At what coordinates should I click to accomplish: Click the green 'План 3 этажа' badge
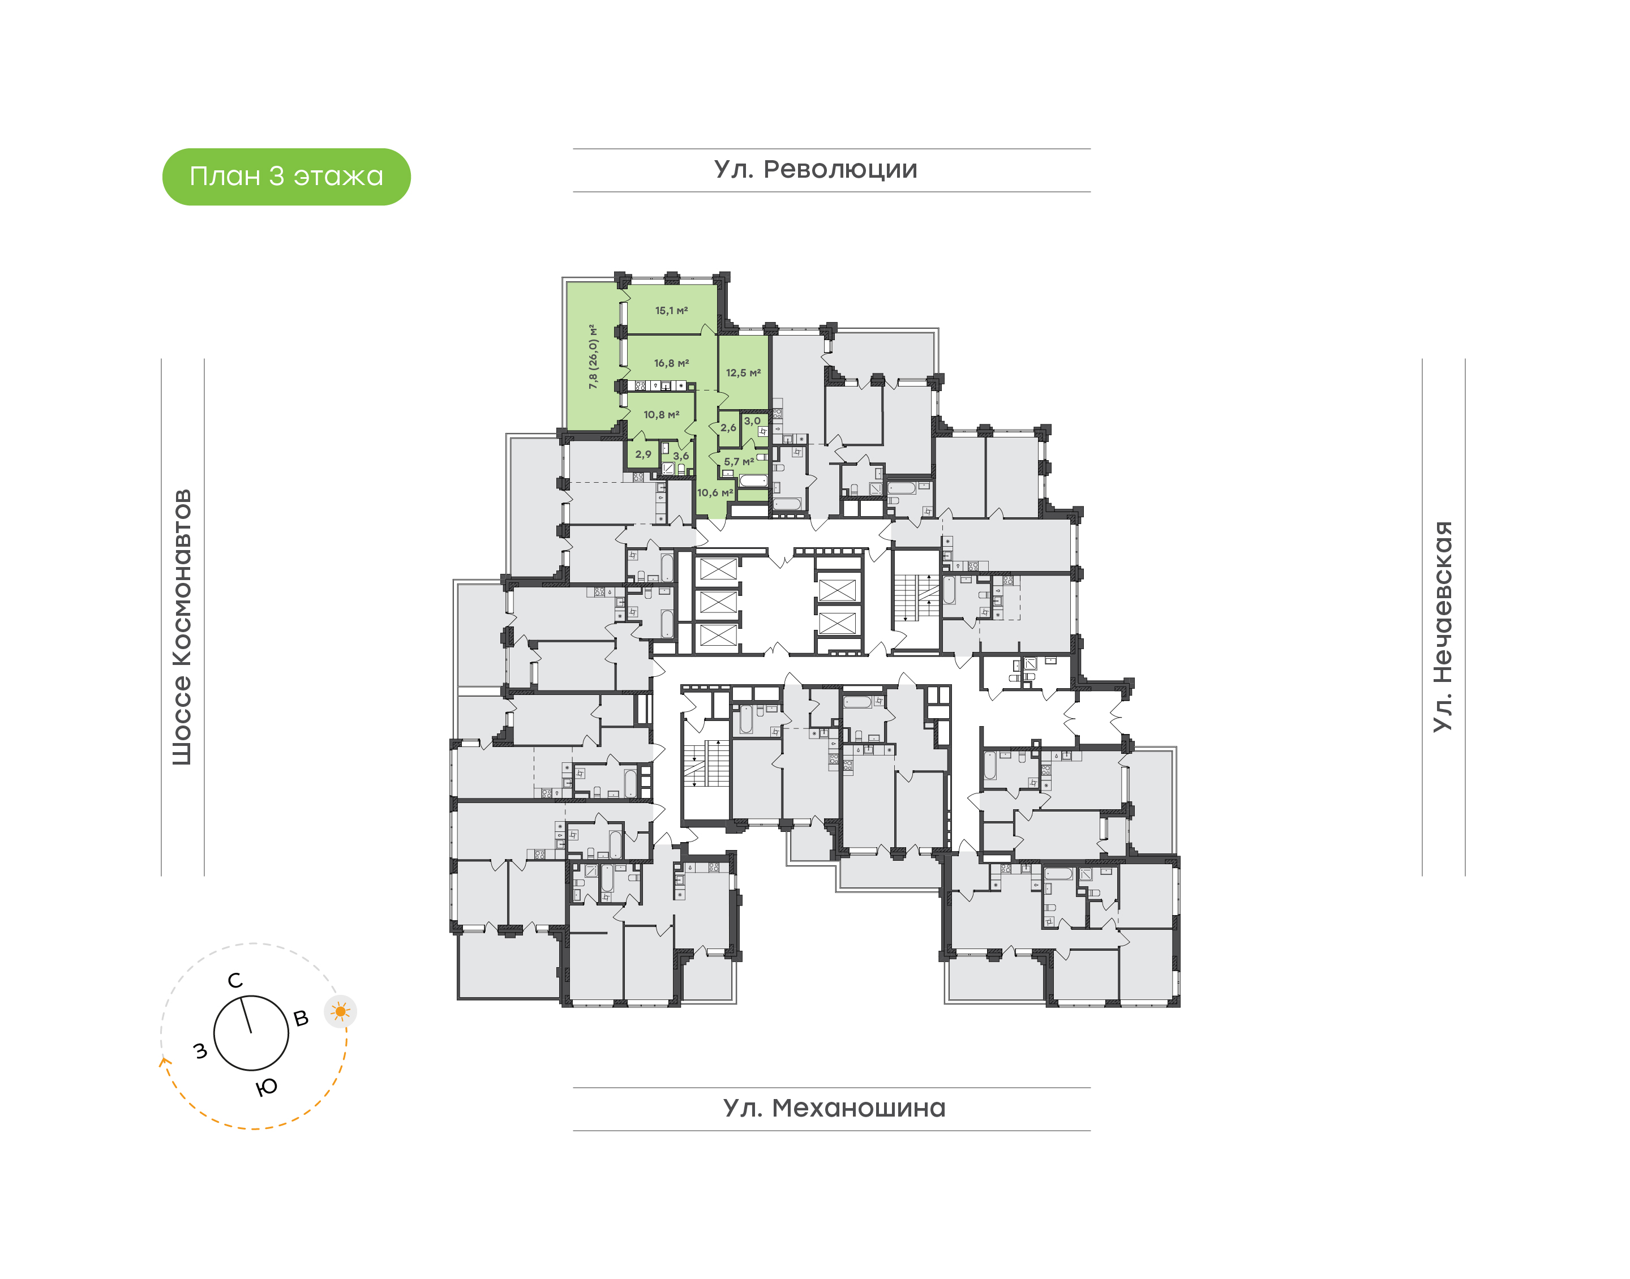286,177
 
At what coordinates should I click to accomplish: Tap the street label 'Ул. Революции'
816,170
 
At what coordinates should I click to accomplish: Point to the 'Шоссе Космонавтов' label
182,628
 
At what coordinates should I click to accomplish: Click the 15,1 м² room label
671,311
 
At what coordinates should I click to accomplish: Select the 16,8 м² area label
671,363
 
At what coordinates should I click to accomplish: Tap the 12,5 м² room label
743,373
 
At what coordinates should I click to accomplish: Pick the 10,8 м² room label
661,415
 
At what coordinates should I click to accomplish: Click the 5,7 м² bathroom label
738,462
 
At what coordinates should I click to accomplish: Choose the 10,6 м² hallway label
715,493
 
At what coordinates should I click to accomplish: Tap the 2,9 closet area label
643,454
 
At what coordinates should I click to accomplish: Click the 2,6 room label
728,428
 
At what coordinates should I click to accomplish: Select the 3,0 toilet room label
752,421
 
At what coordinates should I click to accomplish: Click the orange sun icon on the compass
341,1012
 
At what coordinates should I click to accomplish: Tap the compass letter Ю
267,1087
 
